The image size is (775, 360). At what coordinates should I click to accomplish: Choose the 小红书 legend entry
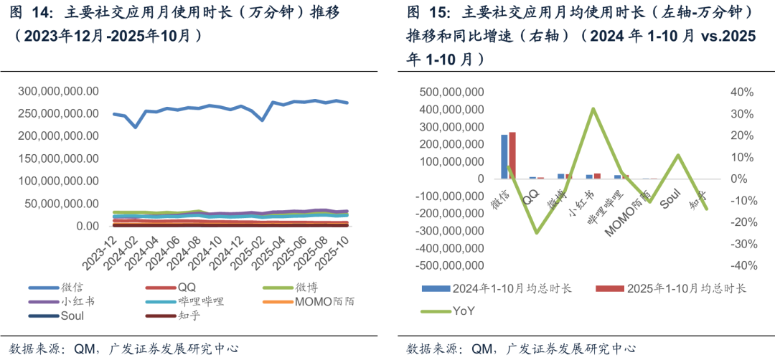click(77, 301)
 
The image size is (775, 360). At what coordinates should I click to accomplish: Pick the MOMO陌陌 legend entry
click(319, 301)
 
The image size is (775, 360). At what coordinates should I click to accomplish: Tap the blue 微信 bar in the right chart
click(504, 156)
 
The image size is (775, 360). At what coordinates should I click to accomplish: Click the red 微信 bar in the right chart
click(512, 155)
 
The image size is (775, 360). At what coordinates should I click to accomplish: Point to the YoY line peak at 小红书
click(593, 108)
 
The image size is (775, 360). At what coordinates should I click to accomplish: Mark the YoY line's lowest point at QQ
click(536, 232)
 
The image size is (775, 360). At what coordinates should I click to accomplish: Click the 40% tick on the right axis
click(741, 92)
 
